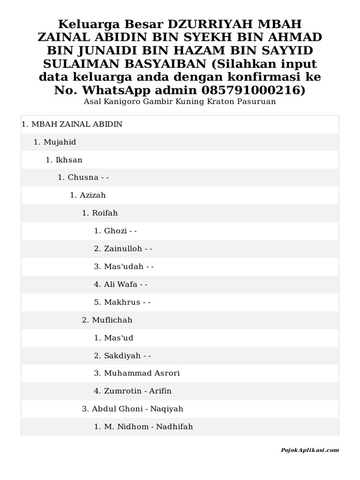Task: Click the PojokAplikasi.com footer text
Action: [x=309, y=450]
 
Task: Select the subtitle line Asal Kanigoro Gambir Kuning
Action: [x=180, y=101]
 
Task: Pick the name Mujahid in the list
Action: [x=60, y=142]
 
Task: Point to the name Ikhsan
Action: [x=69, y=160]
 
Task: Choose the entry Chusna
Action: [x=83, y=178]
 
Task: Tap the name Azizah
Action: [x=93, y=195]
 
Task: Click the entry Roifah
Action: [x=105, y=213]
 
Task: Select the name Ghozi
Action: [x=116, y=231]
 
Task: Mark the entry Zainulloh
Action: [x=123, y=249]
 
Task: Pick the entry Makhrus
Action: [x=122, y=302]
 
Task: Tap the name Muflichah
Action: [x=112, y=320]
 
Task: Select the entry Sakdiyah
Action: [x=122, y=356]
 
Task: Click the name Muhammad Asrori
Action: [x=142, y=374]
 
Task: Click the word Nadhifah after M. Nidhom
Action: [x=174, y=427]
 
